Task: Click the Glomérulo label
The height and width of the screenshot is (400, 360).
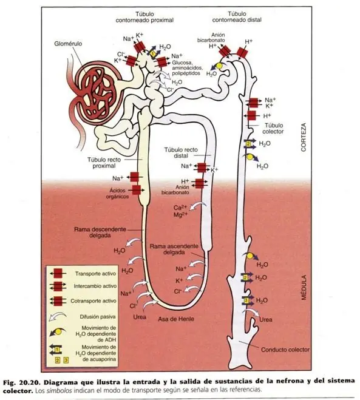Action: point(68,44)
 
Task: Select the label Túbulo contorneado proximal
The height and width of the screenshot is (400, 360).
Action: point(144,17)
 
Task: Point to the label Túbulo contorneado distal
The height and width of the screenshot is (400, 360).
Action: point(237,16)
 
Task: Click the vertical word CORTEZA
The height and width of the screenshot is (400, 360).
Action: point(304,137)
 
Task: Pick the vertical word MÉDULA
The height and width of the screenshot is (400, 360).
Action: point(304,287)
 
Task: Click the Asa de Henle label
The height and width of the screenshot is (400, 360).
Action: point(176,319)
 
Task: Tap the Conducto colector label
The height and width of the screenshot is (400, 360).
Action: point(285,350)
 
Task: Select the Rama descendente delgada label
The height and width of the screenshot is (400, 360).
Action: point(100,232)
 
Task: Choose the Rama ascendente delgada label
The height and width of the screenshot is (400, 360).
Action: point(174,249)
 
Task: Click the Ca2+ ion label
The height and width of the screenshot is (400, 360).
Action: point(180,208)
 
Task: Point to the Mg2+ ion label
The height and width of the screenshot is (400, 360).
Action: point(180,215)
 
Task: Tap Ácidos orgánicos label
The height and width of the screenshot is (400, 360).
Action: point(117,194)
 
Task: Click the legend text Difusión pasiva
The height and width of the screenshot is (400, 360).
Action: point(98,317)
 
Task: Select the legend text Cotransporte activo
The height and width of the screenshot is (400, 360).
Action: point(93,301)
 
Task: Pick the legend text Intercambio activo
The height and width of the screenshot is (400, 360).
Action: point(95,286)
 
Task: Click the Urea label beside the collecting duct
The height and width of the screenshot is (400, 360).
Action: point(266,320)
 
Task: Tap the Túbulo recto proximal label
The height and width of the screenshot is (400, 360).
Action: point(104,163)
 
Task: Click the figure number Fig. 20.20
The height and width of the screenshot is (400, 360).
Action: point(22,382)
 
